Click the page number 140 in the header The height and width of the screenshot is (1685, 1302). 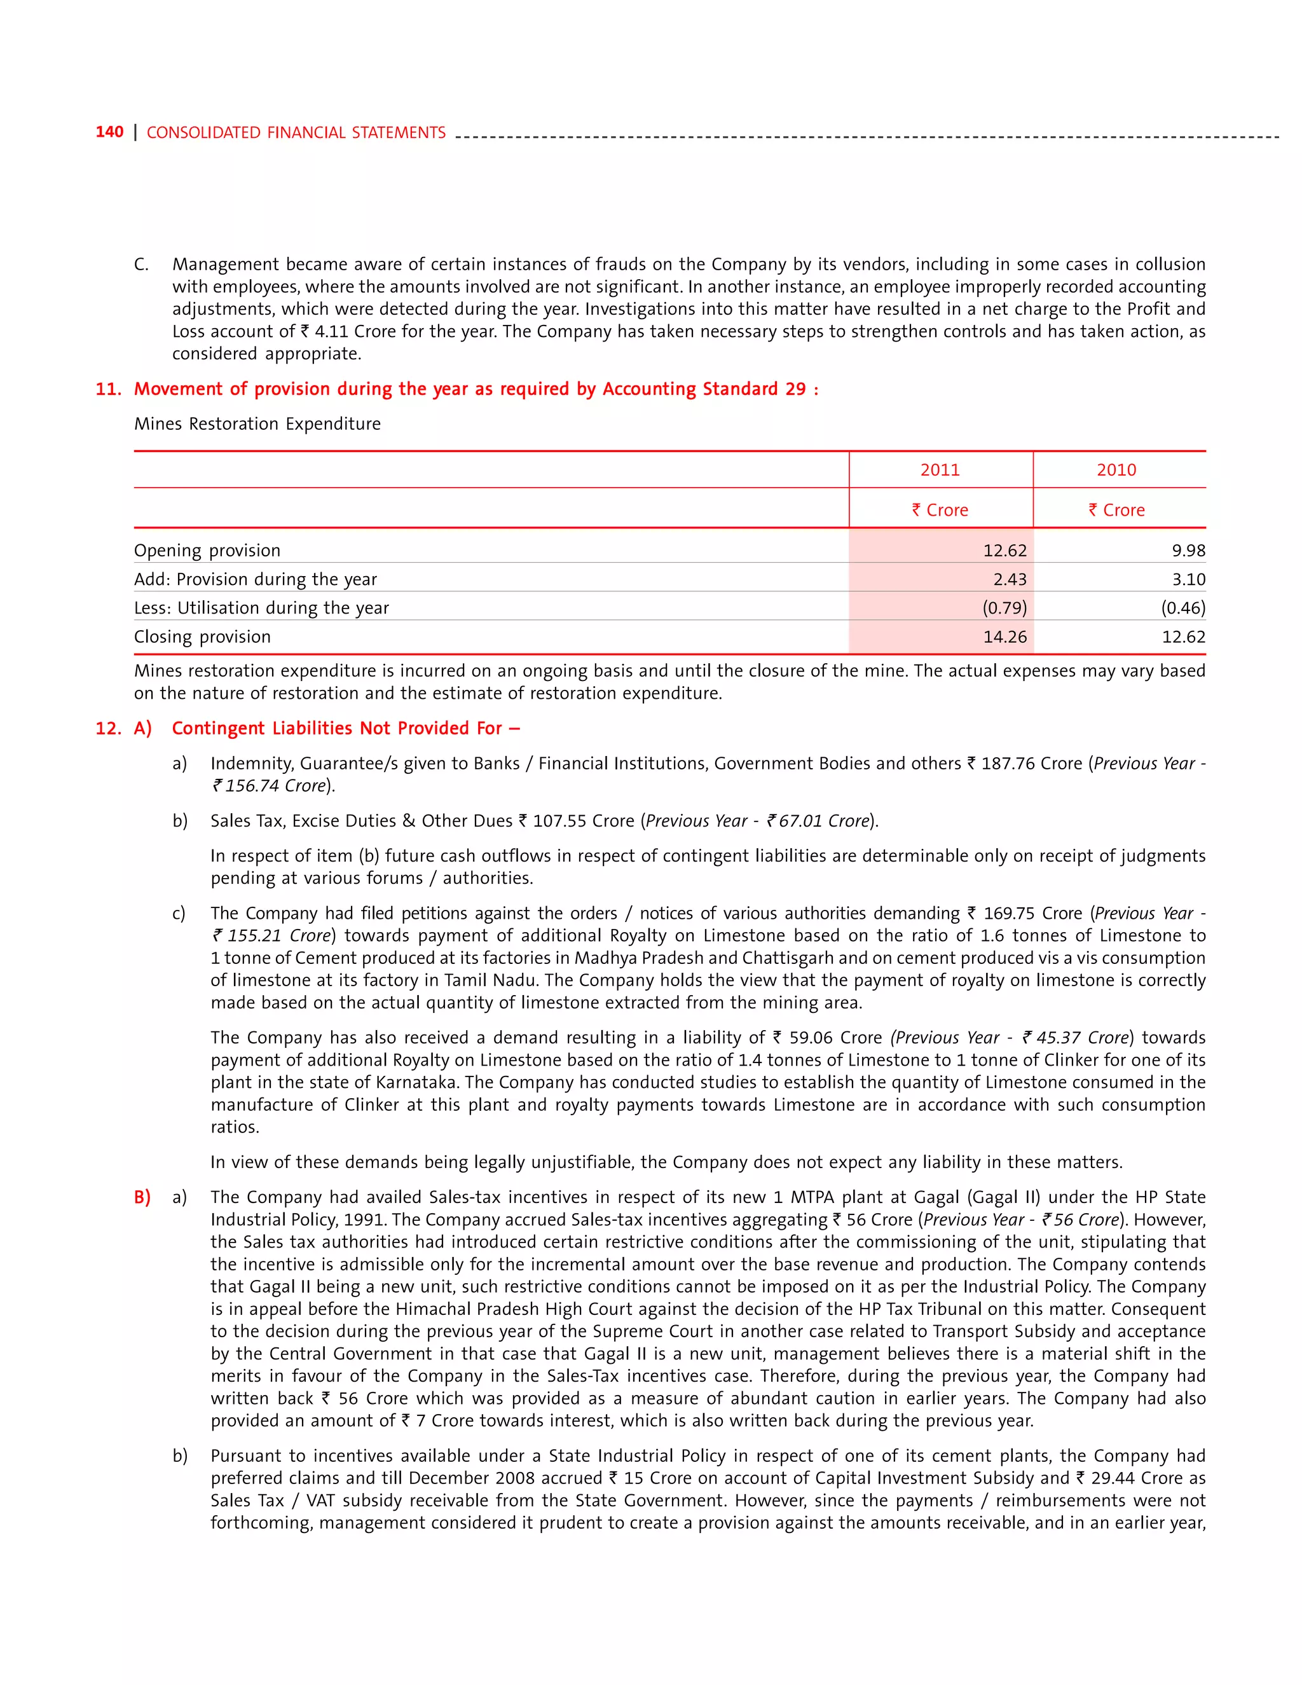tap(109, 132)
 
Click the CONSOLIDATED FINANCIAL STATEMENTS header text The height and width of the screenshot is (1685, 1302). tap(296, 133)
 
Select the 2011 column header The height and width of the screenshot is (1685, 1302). tap(940, 470)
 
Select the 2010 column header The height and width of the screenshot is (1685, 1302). tap(1116, 470)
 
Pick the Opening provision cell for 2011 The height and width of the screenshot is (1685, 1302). tap(1004, 551)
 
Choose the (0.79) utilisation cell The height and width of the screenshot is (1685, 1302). tap(1004, 608)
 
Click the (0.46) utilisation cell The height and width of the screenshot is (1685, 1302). tap(1182, 608)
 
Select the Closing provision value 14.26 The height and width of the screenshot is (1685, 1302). tap(1004, 637)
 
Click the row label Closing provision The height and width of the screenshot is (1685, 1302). tap(202, 637)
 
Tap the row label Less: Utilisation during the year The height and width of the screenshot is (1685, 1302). tap(261, 608)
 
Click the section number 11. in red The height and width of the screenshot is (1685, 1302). tap(108, 389)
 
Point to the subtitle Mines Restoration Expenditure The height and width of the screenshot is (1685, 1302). tap(257, 424)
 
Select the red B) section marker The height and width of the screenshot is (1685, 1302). tap(142, 1197)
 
